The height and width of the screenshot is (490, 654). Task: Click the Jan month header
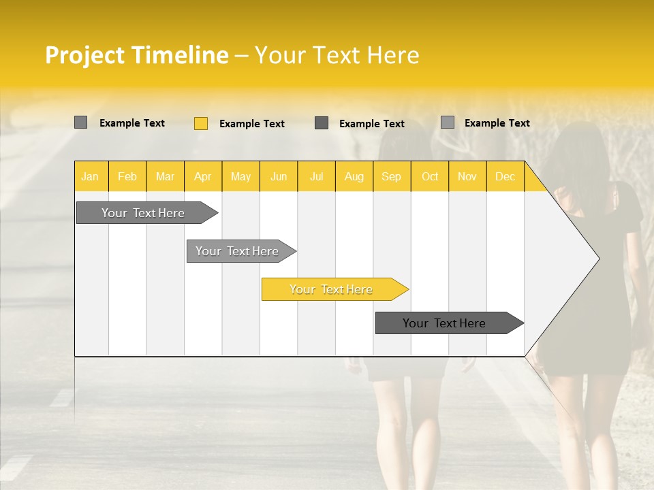[90, 177]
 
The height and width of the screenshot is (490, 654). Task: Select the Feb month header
[127, 177]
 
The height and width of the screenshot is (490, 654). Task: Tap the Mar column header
[165, 177]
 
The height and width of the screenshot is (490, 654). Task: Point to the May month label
[240, 177]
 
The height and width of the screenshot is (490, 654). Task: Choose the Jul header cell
[316, 177]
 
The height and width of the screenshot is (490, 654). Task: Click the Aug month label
[354, 177]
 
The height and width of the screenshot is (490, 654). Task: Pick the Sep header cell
[391, 177]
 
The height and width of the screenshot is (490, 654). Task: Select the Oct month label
[429, 177]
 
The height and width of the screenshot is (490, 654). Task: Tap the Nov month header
[467, 177]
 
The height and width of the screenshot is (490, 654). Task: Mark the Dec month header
[505, 177]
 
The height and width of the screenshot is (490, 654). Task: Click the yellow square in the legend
[201, 123]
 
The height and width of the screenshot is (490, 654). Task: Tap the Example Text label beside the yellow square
[251, 124]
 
